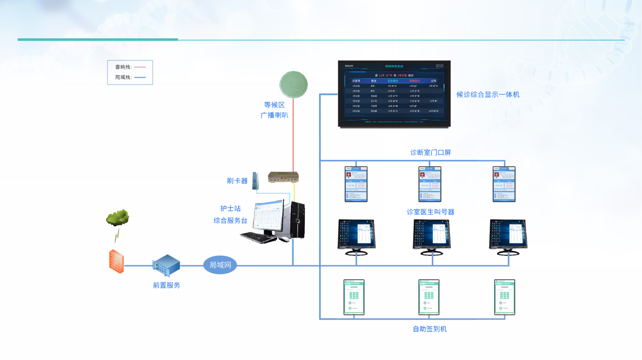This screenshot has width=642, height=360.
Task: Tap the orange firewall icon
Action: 116,261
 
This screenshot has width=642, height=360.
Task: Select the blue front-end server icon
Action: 166,266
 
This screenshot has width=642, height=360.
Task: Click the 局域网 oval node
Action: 220,265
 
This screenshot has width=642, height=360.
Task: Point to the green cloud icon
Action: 117,218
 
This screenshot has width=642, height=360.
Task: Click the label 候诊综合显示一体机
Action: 488,94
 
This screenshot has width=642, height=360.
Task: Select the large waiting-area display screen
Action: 394,94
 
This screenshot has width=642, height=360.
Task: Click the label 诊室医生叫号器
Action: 430,212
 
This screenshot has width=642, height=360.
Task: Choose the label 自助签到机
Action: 429,329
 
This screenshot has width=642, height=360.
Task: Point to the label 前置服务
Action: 166,285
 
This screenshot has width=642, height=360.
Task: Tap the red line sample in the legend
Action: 140,67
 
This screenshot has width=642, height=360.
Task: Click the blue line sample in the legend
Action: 140,78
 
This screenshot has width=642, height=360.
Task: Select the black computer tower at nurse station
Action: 297,220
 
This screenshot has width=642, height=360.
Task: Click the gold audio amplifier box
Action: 283,176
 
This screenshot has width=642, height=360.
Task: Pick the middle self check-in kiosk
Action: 429,297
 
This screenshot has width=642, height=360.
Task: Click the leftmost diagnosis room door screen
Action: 356,184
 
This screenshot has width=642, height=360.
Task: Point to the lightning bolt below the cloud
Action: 117,235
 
